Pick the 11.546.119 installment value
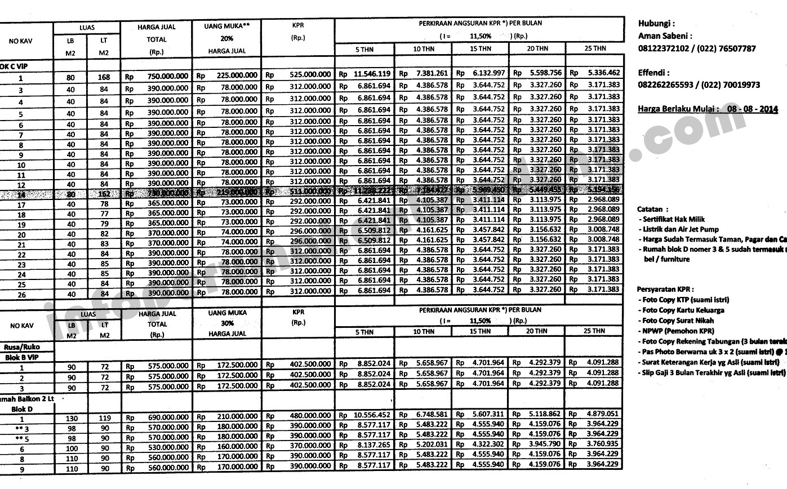372,74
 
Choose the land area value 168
103,77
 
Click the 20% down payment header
227,39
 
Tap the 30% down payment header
227,324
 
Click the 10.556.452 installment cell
372,415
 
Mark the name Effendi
653,73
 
